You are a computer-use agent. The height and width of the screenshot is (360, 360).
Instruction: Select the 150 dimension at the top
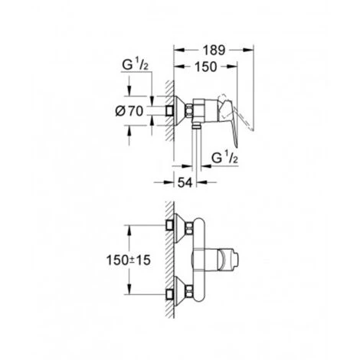205,68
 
